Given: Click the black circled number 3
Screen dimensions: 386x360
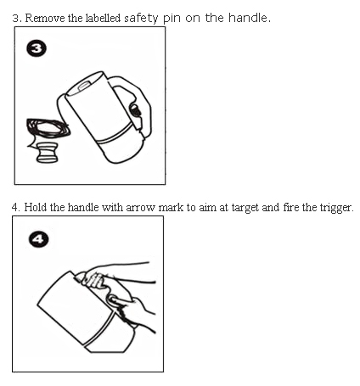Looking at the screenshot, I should [37, 50].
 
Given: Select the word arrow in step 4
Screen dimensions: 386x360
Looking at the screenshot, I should [141, 208].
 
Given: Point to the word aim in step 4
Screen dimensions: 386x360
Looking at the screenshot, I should [206, 208].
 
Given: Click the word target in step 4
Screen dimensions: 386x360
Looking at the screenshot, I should [245, 208].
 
